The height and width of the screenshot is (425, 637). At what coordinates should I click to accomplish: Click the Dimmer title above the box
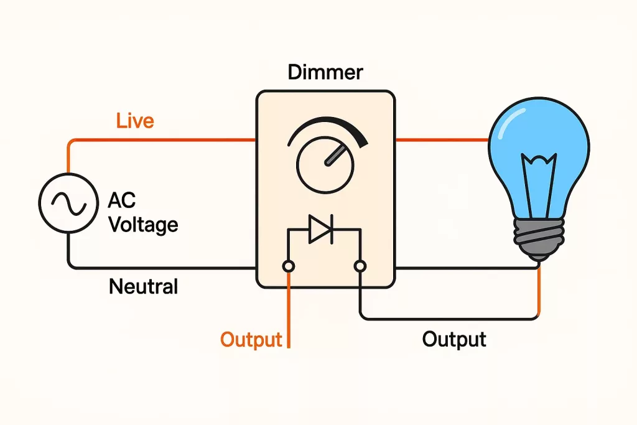coord(325,73)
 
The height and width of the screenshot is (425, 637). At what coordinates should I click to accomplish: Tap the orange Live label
coord(134,120)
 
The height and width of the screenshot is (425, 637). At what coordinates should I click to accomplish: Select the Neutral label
coord(143,286)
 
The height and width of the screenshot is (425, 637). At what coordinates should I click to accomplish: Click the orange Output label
coord(251,340)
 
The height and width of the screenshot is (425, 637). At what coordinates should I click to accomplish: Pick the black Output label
coord(453,339)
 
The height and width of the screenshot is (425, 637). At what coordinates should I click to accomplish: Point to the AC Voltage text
coord(142,212)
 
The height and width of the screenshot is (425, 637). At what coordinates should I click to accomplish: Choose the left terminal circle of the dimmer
coord(289,267)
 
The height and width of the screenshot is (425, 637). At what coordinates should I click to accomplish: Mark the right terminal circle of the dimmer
coord(359,267)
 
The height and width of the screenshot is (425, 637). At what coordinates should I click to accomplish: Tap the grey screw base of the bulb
coord(538,240)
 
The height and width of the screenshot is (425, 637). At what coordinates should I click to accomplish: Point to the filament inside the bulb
coord(538,180)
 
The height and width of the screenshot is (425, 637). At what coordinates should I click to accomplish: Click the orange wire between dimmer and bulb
coord(442,140)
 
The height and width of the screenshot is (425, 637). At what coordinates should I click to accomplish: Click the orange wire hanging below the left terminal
coord(289,311)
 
